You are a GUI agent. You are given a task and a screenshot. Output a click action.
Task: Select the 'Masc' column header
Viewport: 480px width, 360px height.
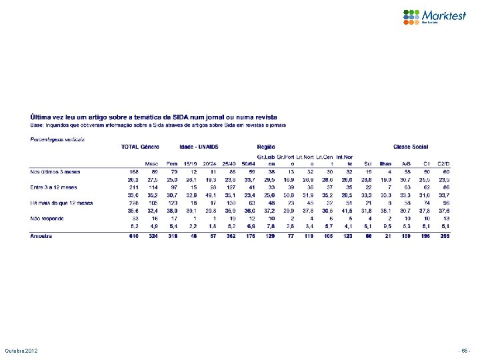point(153,162)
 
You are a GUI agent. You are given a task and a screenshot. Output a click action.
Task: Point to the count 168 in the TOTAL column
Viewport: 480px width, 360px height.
point(133,171)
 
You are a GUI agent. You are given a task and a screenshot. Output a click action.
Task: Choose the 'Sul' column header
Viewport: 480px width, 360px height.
point(367,162)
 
